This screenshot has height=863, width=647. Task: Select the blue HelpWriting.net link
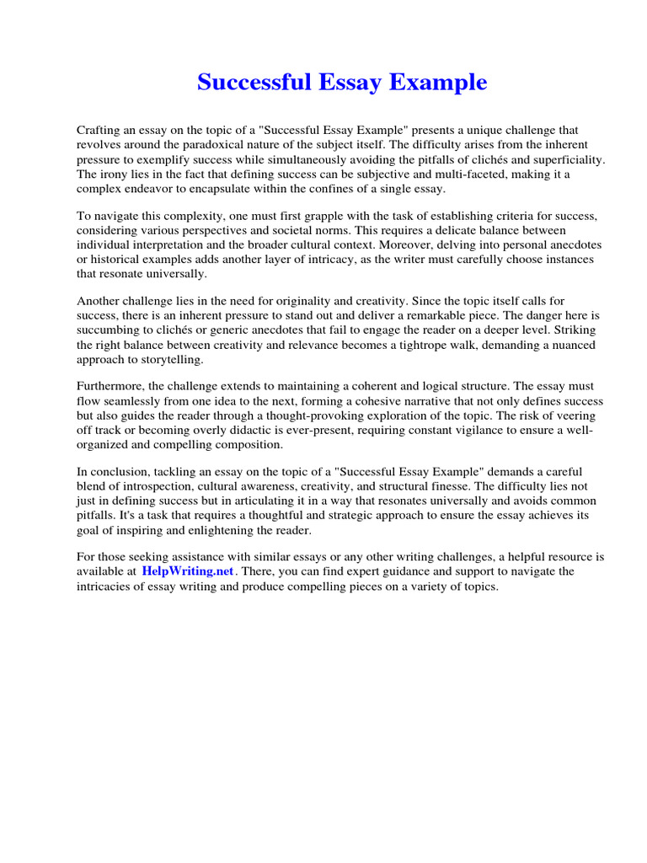coord(189,571)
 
